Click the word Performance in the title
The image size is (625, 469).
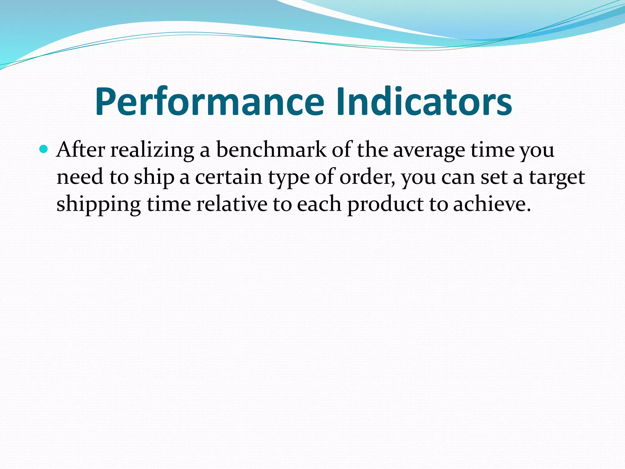coord(209,101)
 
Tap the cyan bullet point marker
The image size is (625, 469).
coord(44,149)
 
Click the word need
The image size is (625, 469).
coord(80,177)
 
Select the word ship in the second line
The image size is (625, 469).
coord(154,177)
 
